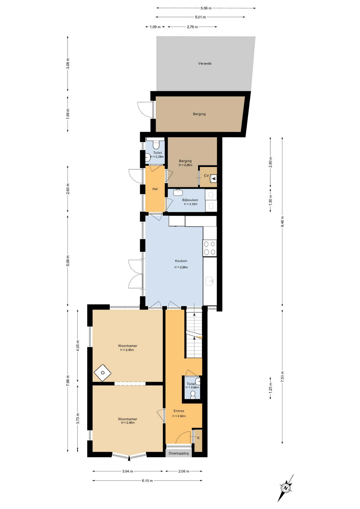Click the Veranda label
[x=205, y=63]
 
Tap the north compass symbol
[x=286, y=488]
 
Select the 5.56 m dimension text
[x=206, y=8]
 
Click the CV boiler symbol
[x=213, y=178]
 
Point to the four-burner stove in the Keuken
[x=210, y=248]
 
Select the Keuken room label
[x=181, y=261]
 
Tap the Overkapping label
[x=179, y=453]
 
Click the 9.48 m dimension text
[x=282, y=222]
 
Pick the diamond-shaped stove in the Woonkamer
[x=103, y=373]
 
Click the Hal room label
[x=155, y=189]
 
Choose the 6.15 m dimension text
[x=147, y=481]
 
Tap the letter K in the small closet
[x=198, y=438]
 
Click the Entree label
[x=179, y=411]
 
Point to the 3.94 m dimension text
[x=128, y=471]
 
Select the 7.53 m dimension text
[x=282, y=376]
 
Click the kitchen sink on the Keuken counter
[x=210, y=281]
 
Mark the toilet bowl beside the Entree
[x=193, y=394]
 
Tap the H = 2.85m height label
[x=127, y=350]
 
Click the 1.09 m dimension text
[x=155, y=27]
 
